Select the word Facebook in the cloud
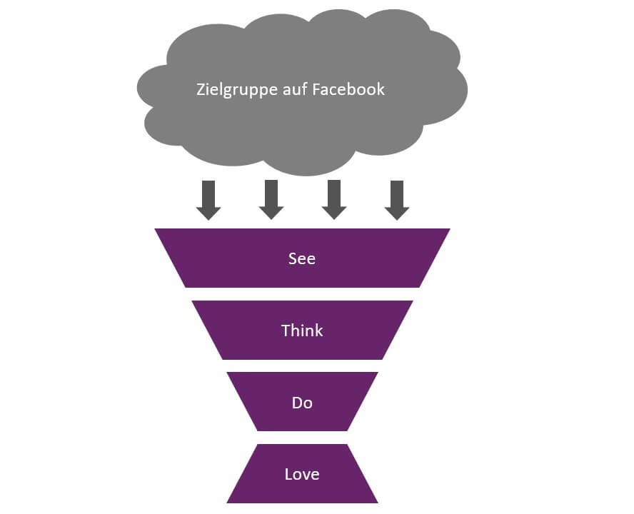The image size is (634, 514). click(x=348, y=90)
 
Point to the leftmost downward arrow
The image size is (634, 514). click(x=208, y=200)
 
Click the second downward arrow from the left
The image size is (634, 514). click(x=271, y=200)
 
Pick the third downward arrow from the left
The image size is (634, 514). click(x=334, y=200)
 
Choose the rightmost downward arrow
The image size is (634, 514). click(x=397, y=200)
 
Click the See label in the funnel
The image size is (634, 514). click(x=302, y=258)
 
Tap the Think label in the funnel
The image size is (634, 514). click(x=302, y=331)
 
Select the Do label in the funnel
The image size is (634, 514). click(x=302, y=403)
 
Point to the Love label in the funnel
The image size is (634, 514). click(x=302, y=474)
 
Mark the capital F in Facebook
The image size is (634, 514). click(x=316, y=90)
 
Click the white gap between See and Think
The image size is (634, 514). click(x=302, y=294)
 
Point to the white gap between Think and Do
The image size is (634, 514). click(x=302, y=366)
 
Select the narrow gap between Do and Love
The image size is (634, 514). click(x=302, y=438)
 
